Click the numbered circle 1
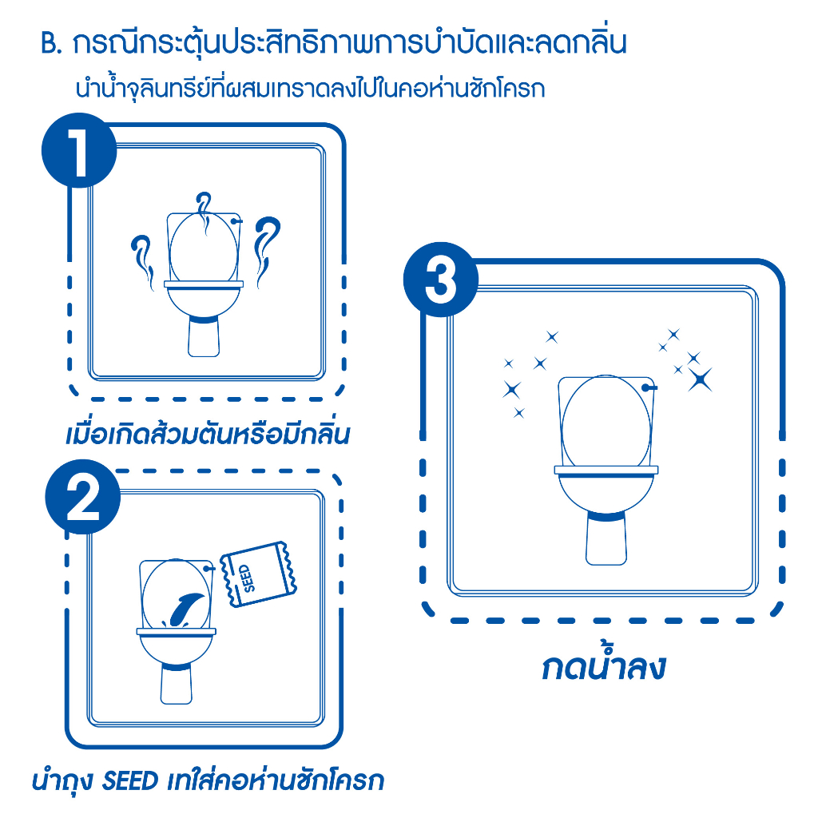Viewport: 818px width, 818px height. point(79,150)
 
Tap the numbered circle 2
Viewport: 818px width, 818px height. point(83,497)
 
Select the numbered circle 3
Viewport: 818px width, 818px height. point(441,280)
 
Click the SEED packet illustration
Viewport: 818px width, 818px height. point(258,574)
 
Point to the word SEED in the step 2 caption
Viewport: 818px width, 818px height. point(130,781)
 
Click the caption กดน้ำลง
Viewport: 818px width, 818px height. point(604,665)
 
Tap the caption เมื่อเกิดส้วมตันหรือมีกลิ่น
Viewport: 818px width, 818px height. point(208,433)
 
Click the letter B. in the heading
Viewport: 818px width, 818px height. point(52,44)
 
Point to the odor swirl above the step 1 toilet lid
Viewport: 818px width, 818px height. point(204,212)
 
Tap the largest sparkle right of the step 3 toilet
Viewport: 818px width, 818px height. point(700,379)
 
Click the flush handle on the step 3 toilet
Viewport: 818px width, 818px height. point(649,387)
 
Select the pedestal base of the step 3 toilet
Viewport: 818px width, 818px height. point(606,539)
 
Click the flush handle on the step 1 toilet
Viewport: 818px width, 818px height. point(236,221)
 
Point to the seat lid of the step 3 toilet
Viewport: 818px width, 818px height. point(606,423)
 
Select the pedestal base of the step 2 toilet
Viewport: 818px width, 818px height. point(177,684)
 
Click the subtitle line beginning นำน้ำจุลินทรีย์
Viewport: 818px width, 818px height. point(311,89)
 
